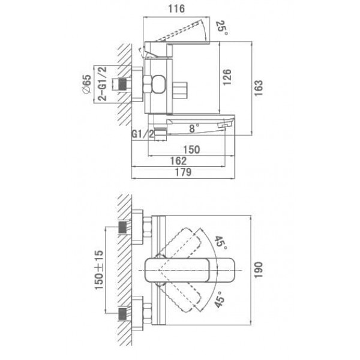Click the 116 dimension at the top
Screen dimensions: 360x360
[x=176, y=9]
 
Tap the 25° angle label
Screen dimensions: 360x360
[x=222, y=28]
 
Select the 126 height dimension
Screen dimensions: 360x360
[x=227, y=77]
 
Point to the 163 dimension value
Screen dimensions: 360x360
[x=259, y=88]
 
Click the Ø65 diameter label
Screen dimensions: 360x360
[x=86, y=84]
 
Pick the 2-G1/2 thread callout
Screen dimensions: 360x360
[x=103, y=84]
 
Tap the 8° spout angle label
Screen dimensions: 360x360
[x=194, y=128]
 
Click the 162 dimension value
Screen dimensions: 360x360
[x=178, y=161]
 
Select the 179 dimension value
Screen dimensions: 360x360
[x=183, y=172]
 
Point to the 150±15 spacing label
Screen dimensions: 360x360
[x=99, y=270]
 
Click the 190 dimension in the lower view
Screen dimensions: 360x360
[x=258, y=270]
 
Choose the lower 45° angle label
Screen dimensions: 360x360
[x=220, y=299]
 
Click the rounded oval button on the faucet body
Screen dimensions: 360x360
[x=159, y=84]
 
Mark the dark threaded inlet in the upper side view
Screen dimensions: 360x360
[x=122, y=84]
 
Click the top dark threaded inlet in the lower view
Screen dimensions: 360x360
[x=122, y=227]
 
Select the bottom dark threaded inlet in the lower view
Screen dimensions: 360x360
[x=122, y=314]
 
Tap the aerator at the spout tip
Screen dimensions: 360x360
[x=223, y=125]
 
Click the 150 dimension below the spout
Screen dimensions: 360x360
[x=191, y=149]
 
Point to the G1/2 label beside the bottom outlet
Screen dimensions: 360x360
[x=142, y=134]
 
